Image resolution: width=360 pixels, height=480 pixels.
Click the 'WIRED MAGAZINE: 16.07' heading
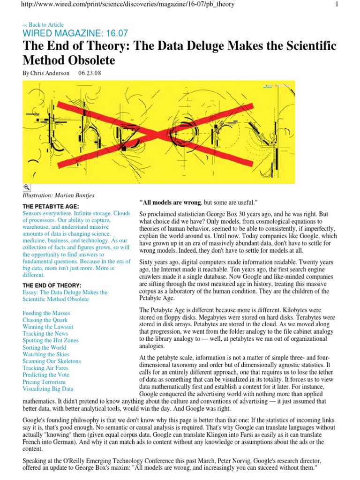[75, 34]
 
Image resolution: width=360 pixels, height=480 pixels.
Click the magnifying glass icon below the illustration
[26, 187]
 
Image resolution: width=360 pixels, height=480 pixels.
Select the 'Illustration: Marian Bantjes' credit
[58, 195]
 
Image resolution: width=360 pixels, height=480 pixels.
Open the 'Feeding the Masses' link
[46, 313]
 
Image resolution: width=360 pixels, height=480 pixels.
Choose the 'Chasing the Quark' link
[45, 320]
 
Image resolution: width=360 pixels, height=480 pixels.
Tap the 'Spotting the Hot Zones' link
[50, 340]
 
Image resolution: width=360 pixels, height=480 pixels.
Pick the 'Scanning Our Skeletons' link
[52, 361]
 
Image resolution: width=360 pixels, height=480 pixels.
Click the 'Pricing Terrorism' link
[44, 382]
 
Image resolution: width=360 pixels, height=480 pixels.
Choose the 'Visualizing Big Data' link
[48, 389]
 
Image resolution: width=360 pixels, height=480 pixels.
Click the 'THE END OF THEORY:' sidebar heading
[52, 285]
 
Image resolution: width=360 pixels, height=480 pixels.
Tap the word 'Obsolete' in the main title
[91, 61]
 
